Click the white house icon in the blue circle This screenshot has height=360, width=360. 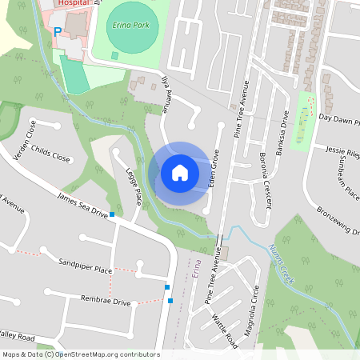pyautogui.click(x=179, y=173)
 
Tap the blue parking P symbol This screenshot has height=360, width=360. pyautogui.click(x=57, y=32)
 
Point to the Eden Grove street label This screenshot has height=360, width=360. pyautogui.click(x=214, y=169)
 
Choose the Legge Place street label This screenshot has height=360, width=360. pyautogui.click(x=134, y=186)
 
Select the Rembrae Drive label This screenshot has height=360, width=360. pyautogui.click(x=104, y=301)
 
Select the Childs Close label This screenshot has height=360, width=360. pyautogui.click(x=52, y=153)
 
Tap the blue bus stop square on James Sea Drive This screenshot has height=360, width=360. pyautogui.click(x=113, y=214)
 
